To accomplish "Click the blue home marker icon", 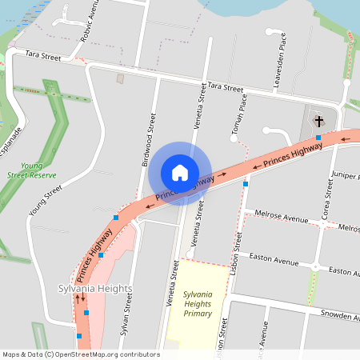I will tap(180, 173).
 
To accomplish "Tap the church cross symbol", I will tap(318, 122).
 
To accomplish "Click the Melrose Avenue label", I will tap(281, 217).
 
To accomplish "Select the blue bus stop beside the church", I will tap(318, 138).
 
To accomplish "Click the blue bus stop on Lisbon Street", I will tap(246, 184).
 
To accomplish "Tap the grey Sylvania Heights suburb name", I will tap(94, 288).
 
